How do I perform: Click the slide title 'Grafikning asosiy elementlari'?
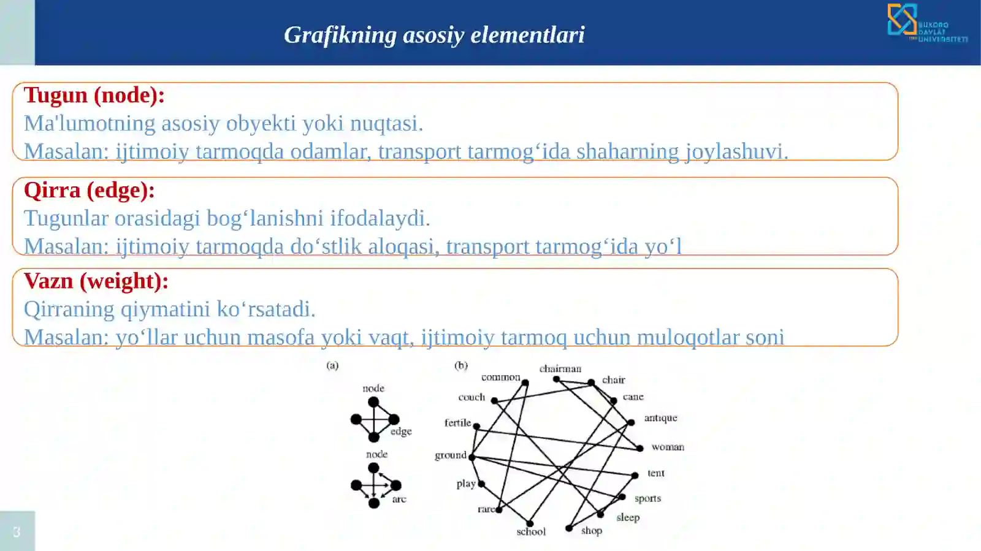click(x=434, y=35)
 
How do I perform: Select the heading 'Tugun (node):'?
click(x=94, y=96)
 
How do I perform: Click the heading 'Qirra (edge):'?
click(x=89, y=191)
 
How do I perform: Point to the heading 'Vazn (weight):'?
click(x=96, y=281)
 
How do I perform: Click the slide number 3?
click(x=17, y=531)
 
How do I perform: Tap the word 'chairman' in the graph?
click(x=560, y=368)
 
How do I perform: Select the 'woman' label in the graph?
click(x=667, y=447)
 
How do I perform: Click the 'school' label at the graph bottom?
click(x=530, y=531)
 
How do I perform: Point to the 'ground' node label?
click(x=450, y=455)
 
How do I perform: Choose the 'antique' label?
click(x=660, y=417)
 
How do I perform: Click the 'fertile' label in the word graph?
click(x=457, y=422)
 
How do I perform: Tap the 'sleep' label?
click(x=627, y=517)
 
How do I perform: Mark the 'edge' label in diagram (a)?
click(x=401, y=431)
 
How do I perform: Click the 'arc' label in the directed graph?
click(x=399, y=499)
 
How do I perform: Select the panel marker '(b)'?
click(x=461, y=365)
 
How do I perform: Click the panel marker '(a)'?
click(x=332, y=365)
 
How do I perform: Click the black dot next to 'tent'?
click(x=635, y=475)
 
